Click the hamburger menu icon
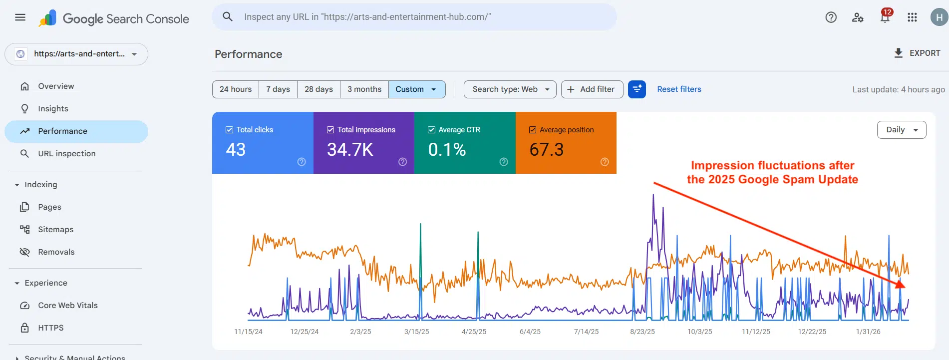tap(20, 17)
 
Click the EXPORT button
tap(917, 53)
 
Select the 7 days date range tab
tap(278, 89)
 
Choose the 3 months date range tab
tap(364, 89)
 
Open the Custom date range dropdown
tap(416, 89)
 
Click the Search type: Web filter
tap(510, 89)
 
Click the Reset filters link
tap(679, 89)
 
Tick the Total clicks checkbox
tap(230, 130)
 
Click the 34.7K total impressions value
tap(350, 150)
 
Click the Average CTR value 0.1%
tap(447, 150)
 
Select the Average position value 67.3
tap(546, 150)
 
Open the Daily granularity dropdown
tap(901, 130)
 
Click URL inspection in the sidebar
tap(66, 154)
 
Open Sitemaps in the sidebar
tap(55, 230)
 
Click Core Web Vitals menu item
tap(67, 306)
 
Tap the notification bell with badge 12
tap(885, 17)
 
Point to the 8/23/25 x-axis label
tap(642, 332)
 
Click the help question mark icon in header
tap(831, 17)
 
